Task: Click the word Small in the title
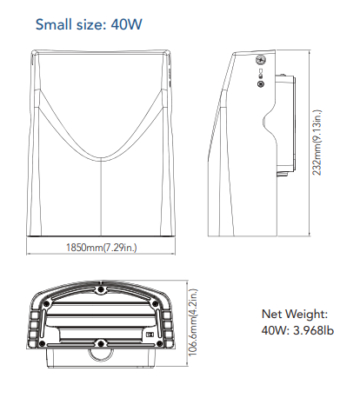click(54, 24)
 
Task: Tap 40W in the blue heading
click(127, 24)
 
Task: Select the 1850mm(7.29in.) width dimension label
click(101, 248)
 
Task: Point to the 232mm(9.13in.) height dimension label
click(317, 143)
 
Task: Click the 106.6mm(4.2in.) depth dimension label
click(193, 322)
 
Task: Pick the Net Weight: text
click(295, 314)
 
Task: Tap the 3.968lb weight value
click(314, 330)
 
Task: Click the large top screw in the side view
click(261, 60)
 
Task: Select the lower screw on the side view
click(261, 84)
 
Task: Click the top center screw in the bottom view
click(101, 289)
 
